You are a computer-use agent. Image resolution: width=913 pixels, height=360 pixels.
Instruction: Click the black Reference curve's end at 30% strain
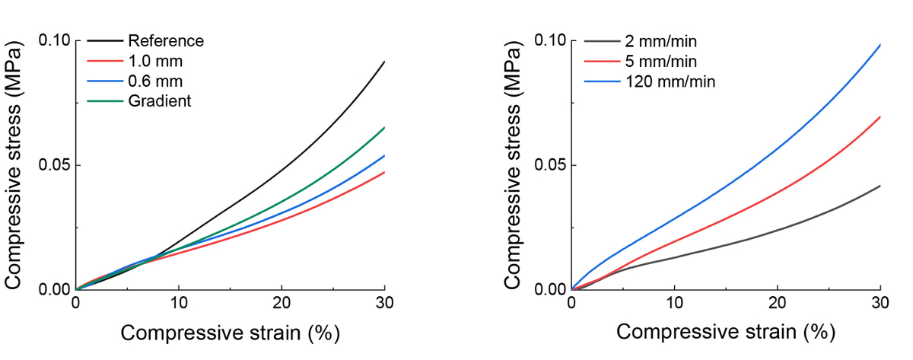pyautogui.click(x=384, y=62)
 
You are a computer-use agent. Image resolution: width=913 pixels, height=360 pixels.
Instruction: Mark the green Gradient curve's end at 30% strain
pyautogui.click(x=384, y=127)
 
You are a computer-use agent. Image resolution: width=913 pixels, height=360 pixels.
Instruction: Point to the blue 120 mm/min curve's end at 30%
pyautogui.click(x=880, y=44)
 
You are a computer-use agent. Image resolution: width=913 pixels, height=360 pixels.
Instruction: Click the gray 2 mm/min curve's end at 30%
pyautogui.click(x=880, y=186)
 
